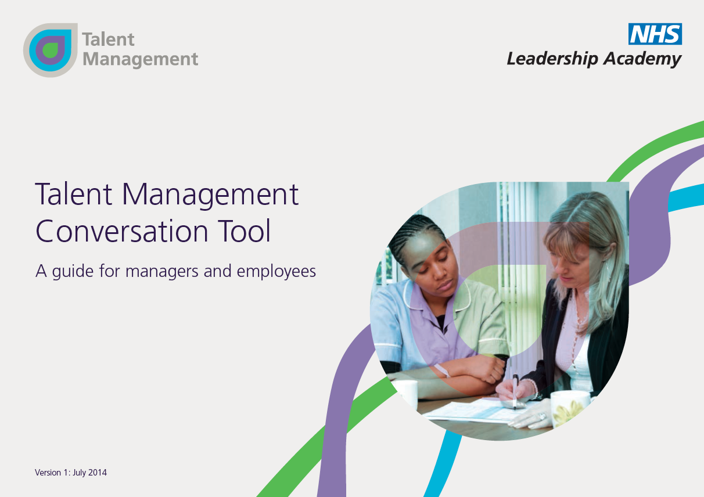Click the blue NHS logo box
[x=655, y=34]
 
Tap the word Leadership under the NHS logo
[x=552, y=59]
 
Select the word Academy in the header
[x=642, y=59]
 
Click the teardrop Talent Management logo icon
[x=51, y=50]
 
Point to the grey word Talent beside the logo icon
[x=109, y=39]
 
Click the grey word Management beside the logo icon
[x=140, y=59]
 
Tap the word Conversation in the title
[x=122, y=231]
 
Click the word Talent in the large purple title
[x=74, y=194]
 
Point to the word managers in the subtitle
[x=162, y=272]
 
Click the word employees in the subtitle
[x=276, y=272]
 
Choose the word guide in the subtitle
[x=73, y=271]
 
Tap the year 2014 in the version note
[x=98, y=473]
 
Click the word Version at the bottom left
[x=48, y=473]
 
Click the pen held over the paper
[x=515, y=391]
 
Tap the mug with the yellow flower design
[x=569, y=409]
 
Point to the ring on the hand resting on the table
[x=543, y=417]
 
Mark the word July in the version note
[x=79, y=473]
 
